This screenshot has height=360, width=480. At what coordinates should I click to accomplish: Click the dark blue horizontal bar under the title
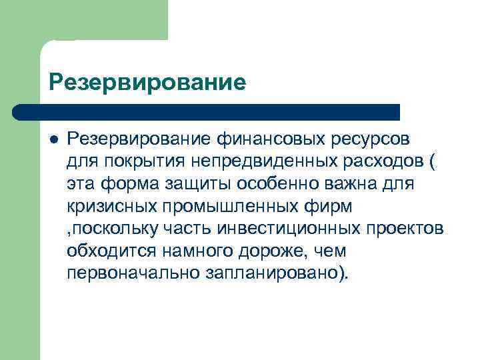point(207,111)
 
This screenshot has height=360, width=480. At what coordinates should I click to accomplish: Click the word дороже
point(271,251)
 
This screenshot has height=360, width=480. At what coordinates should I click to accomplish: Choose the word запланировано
point(278,273)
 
